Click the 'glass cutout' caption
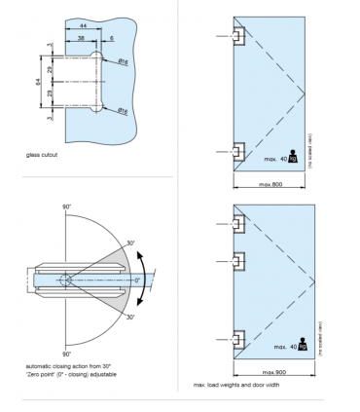click(x=48, y=154)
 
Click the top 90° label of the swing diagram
click(x=68, y=207)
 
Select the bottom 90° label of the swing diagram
click(x=68, y=354)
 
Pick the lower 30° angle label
click(x=129, y=316)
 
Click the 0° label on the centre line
click(x=137, y=280)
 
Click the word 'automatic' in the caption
click(x=41, y=366)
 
